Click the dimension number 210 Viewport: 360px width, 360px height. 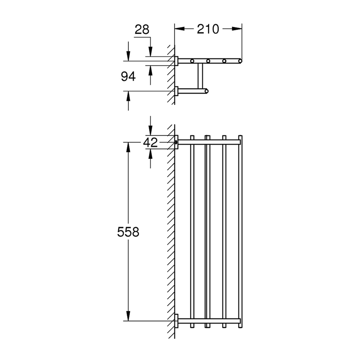208,29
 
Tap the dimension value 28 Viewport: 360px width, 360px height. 142,30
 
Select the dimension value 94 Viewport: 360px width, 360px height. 128,77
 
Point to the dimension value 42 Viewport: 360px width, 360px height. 150,143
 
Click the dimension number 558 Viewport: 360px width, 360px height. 128,232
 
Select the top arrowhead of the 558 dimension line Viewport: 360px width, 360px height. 128,147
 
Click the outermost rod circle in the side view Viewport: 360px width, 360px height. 240,61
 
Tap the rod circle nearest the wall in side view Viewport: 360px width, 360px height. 193,61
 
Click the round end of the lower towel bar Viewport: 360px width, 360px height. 206,91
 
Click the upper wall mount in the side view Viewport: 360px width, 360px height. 176,61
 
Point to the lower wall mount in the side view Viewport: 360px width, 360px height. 176,91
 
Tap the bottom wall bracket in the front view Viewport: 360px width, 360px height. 176,321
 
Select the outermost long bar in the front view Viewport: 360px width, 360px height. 240,231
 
